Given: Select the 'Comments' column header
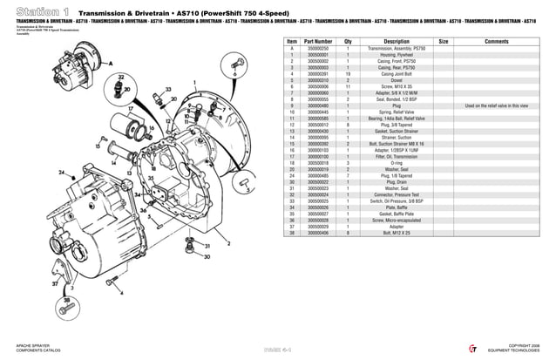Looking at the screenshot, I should pyautogui.click(x=496, y=41).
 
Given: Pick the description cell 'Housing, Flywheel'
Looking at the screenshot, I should pyautogui.click(x=397, y=54).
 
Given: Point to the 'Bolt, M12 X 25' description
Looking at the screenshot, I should pyautogui.click(x=397, y=233).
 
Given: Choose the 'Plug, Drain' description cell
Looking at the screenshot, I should pyautogui.click(x=397, y=181).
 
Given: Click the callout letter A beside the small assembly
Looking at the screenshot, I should pyautogui.click(x=111, y=64).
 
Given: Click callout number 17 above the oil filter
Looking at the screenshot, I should pyautogui.click(x=130, y=109).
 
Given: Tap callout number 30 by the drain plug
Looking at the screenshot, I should pyautogui.click(x=207, y=257).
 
